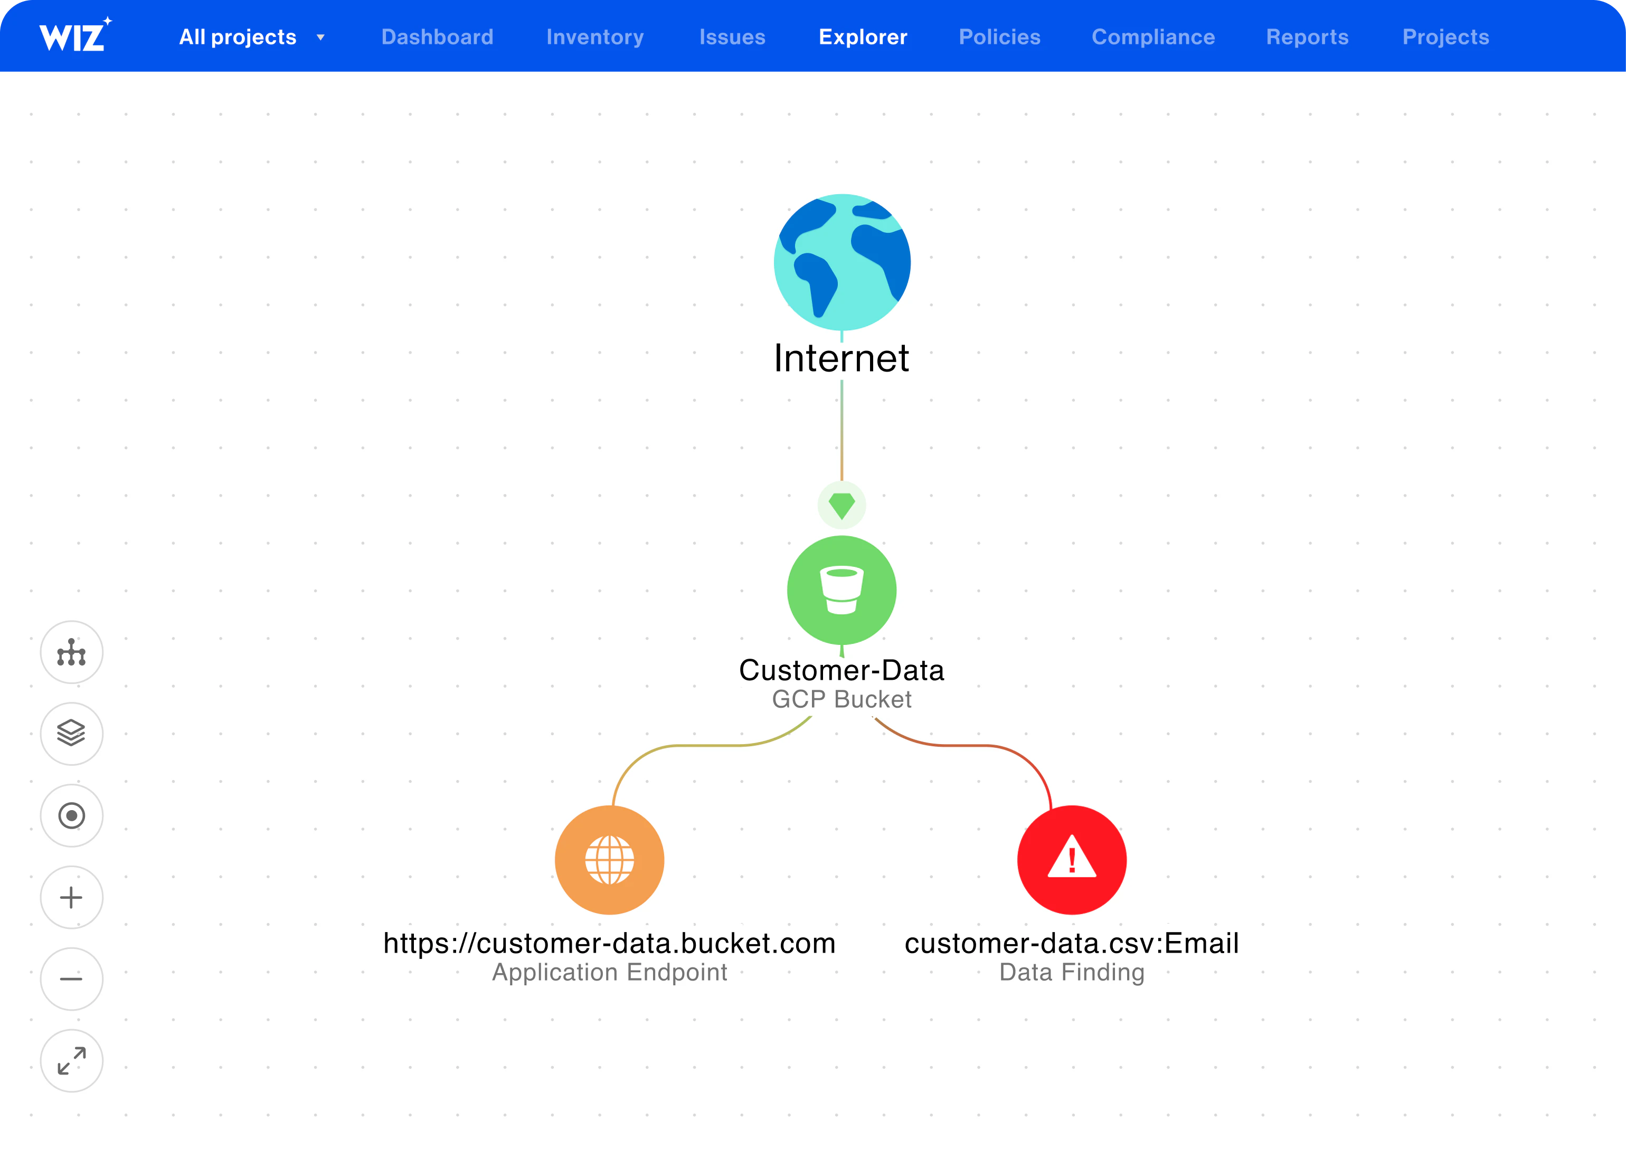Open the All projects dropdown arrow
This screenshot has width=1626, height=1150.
(x=321, y=37)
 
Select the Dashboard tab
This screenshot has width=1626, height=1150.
(x=437, y=37)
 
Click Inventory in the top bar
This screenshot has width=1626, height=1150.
(x=595, y=37)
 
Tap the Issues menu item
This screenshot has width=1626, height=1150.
(x=732, y=37)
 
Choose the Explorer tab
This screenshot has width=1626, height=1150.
(x=863, y=37)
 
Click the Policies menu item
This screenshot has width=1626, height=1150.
(x=999, y=37)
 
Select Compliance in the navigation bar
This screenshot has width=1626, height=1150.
(x=1153, y=37)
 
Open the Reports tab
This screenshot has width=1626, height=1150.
(x=1307, y=37)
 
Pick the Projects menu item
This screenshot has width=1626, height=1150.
(x=1445, y=37)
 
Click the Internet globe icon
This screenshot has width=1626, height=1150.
(x=842, y=262)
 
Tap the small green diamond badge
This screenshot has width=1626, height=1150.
(x=842, y=506)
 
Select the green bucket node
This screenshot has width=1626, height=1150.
(x=842, y=590)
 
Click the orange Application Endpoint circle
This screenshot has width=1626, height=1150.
(x=609, y=860)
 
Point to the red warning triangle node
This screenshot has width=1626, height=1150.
(x=1072, y=860)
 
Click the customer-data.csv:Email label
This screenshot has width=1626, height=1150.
(x=1072, y=943)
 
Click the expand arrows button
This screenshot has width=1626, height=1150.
(x=71, y=1061)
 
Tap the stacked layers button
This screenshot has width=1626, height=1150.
(x=71, y=734)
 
